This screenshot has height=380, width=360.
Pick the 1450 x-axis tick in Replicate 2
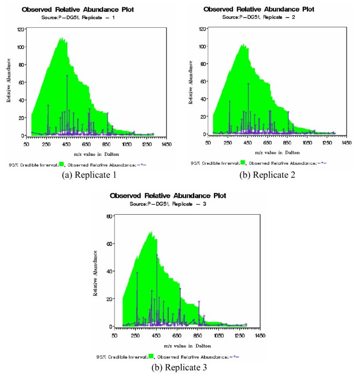(x=346, y=142)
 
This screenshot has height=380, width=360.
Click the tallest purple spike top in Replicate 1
(x=67, y=76)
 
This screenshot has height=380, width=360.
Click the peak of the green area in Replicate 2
(x=243, y=45)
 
